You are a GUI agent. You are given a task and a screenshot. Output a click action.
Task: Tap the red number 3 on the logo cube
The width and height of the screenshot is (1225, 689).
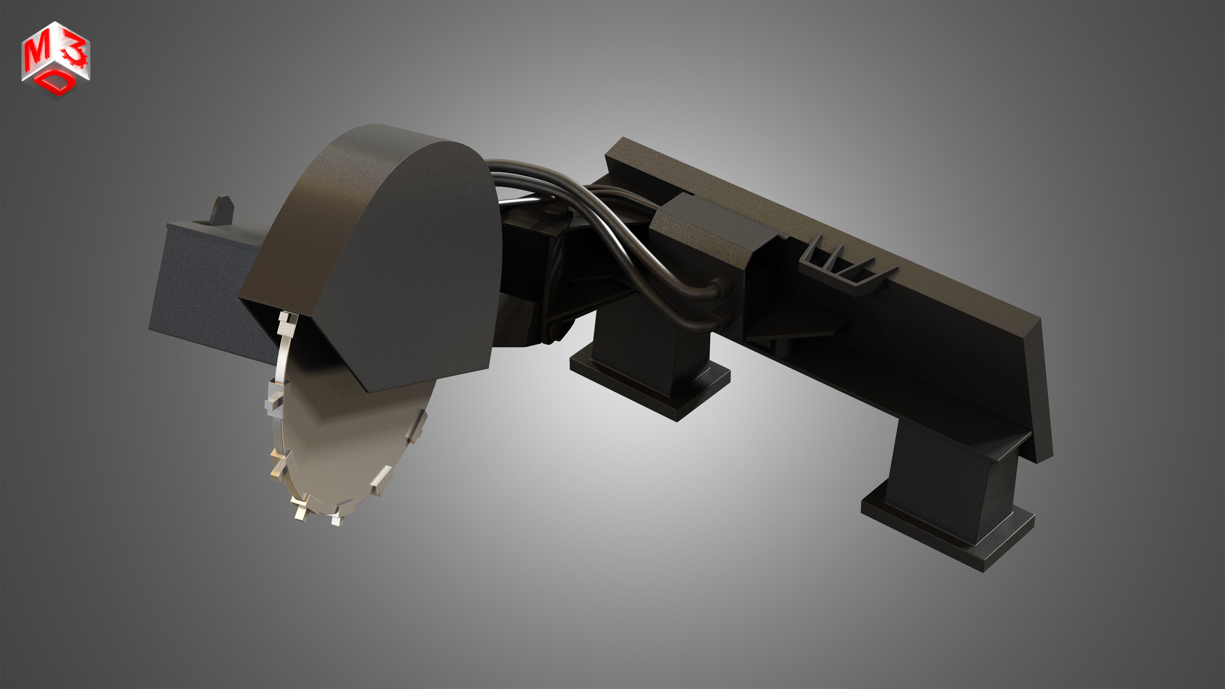pos(76,52)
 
